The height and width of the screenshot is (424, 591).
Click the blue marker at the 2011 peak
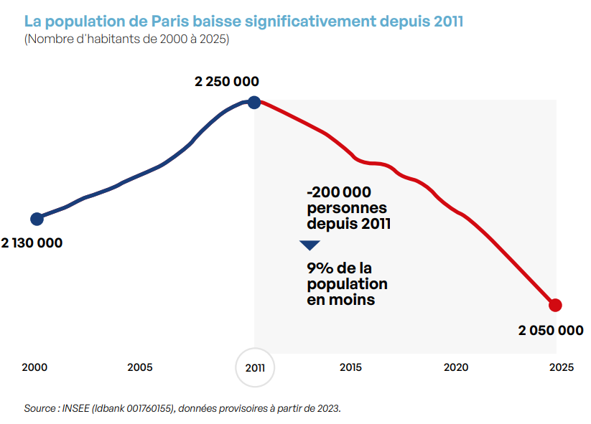coord(253,102)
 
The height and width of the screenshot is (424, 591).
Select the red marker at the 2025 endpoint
coord(554,305)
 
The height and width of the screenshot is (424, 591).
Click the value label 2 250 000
coord(227,82)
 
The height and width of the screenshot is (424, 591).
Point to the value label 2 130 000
coord(32,243)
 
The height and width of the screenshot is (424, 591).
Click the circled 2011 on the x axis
coord(255,367)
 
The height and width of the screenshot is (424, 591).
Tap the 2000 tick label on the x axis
coord(34,367)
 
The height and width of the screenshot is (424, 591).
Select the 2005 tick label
coord(140,367)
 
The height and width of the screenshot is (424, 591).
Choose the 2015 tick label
coord(350,367)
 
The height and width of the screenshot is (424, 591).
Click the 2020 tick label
coord(456,367)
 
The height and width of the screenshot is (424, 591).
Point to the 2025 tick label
coord(561,367)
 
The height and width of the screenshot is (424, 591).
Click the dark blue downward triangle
coord(310,245)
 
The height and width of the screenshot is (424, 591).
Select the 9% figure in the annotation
coord(320,268)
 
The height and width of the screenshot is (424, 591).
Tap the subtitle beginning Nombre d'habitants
coord(126,39)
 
